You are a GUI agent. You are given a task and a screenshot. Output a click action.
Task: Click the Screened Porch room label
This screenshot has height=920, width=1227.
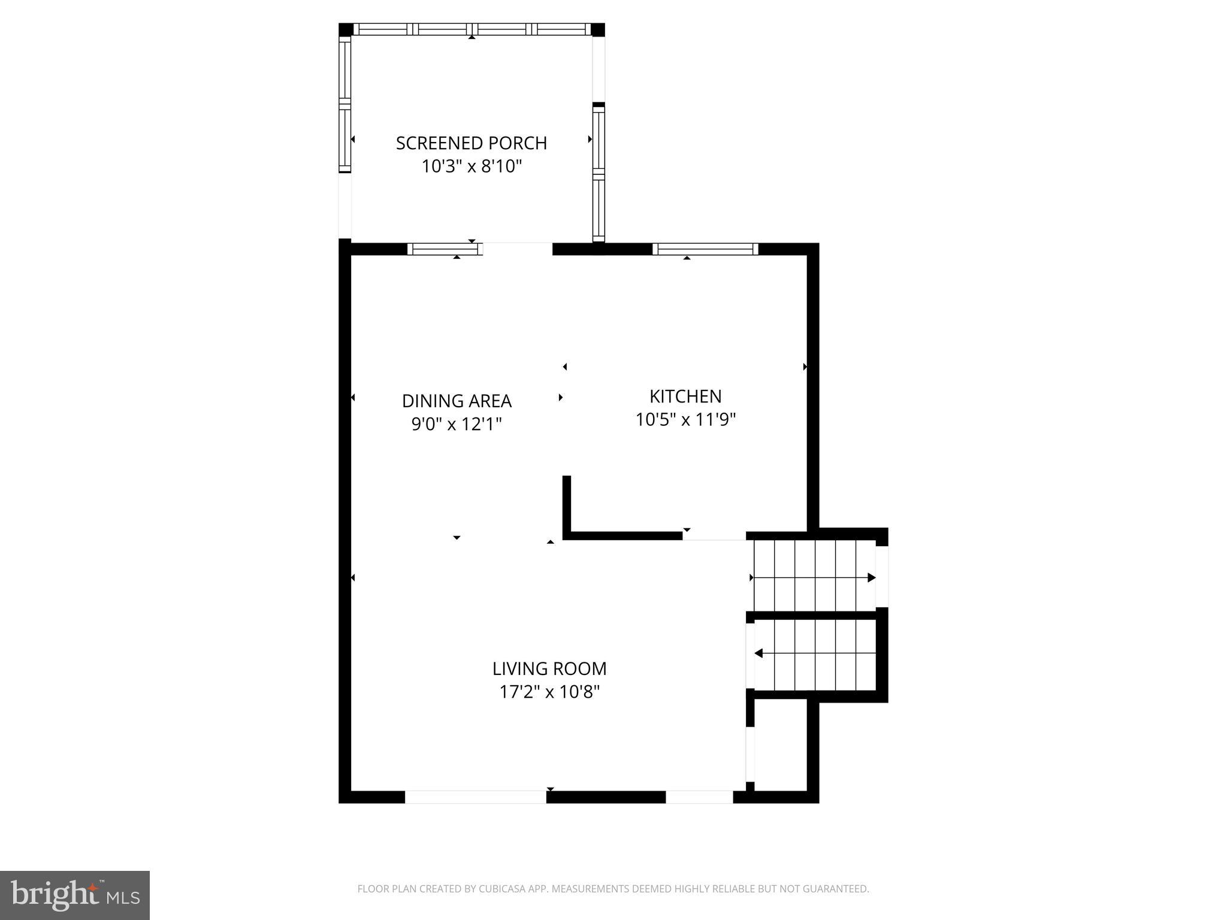pyautogui.click(x=472, y=143)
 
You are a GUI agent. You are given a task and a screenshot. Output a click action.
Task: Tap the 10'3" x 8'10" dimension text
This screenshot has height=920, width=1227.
pyautogui.click(x=472, y=166)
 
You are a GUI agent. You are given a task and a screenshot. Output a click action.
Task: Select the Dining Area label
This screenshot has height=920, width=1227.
pyautogui.click(x=457, y=401)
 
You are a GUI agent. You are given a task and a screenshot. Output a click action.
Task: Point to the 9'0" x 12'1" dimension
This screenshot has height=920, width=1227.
pyautogui.click(x=457, y=424)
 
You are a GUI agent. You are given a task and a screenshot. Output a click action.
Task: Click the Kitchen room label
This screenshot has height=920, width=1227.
pyautogui.click(x=685, y=397)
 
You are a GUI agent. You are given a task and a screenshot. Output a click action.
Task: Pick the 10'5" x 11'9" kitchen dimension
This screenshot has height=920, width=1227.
pyautogui.click(x=685, y=420)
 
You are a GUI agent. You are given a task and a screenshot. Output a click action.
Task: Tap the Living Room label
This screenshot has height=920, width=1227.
pyautogui.click(x=549, y=668)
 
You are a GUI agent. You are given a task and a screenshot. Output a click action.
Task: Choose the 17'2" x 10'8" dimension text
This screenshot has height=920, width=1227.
pyautogui.click(x=549, y=692)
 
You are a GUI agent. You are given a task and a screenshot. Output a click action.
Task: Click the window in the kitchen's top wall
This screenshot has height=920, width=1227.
pyautogui.click(x=705, y=249)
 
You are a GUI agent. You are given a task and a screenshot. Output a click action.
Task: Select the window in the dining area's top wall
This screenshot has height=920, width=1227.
pyautogui.click(x=445, y=249)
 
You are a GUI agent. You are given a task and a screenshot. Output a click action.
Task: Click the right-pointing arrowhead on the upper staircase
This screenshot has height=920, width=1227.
pyautogui.click(x=872, y=578)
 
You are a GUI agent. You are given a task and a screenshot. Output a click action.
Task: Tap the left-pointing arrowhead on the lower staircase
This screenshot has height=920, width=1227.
pyautogui.click(x=758, y=653)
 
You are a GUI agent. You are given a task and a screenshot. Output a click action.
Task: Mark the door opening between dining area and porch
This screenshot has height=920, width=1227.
pyautogui.click(x=518, y=249)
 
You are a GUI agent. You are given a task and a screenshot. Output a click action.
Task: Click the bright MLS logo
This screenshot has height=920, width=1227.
pyautogui.click(x=75, y=895)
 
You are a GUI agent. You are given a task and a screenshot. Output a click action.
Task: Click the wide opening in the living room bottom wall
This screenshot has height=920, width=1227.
pyautogui.click(x=476, y=797)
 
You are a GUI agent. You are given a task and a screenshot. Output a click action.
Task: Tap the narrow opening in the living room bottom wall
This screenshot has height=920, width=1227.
pyautogui.click(x=699, y=797)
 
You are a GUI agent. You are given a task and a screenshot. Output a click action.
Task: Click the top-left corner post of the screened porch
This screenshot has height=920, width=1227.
pyautogui.click(x=346, y=30)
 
